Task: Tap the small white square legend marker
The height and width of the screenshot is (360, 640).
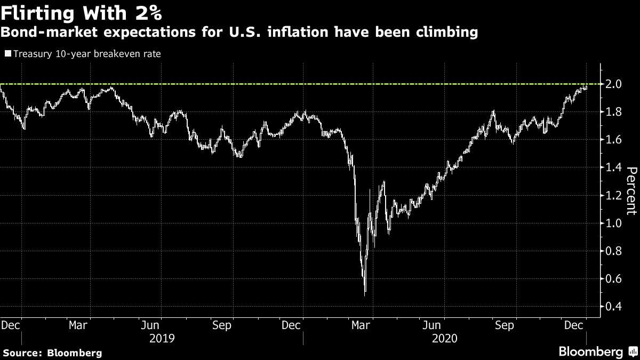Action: pyautogui.click(x=8, y=53)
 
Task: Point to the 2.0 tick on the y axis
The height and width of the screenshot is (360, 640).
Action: pyautogui.click(x=612, y=84)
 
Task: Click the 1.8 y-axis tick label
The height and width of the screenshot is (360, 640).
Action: pyautogui.click(x=612, y=112)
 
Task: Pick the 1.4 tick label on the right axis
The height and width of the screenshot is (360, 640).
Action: pyautogui.click(x=612, y=167)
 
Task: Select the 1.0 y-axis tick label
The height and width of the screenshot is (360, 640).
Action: pyautogui.click(x=612, y=223)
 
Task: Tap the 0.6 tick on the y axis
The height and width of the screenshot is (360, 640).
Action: pyautogui.click(x=612, y=278)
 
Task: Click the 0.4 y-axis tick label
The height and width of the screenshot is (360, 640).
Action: pyautogui.click(x=612, y=306)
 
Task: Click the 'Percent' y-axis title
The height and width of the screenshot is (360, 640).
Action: pyautogui.click(x=631, y=190)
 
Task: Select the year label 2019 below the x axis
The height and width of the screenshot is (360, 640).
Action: pyautogui.click(x=162, y=338)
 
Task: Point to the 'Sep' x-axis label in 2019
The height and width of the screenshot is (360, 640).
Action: pyautogui.click(x=222, y=325)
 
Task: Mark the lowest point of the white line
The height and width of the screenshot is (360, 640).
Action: pyautogui.click(x=365, y=294)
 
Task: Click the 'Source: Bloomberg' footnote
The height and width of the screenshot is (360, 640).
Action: pyautogui.click(x=52, y=353)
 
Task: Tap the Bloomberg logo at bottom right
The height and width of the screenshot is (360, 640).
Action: pyautogui.click(x=597, y=351)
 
